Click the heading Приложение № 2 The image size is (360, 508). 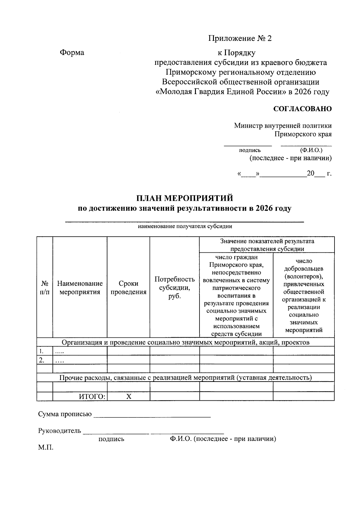point(240,38)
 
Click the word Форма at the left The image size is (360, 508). point(72,52)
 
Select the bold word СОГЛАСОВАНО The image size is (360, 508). point(302,109)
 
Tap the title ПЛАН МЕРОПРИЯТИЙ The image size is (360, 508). point(184,198)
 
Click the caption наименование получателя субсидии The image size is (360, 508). point(185,226)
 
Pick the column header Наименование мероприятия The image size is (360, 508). point(80,287)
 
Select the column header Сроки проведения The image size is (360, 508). point(128,287)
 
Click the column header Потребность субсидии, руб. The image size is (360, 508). point(175,287)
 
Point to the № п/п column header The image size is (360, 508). point(45,287)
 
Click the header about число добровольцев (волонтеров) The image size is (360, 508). point(304,296)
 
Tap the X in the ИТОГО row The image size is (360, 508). point(128,397)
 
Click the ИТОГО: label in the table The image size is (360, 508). point(92,397)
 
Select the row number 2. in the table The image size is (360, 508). point(42,360)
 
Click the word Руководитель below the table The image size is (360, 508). point(59,431)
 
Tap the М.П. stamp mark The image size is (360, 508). point(46,447)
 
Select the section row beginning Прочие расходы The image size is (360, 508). point(185,377)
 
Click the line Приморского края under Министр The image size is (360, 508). point(303,134)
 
